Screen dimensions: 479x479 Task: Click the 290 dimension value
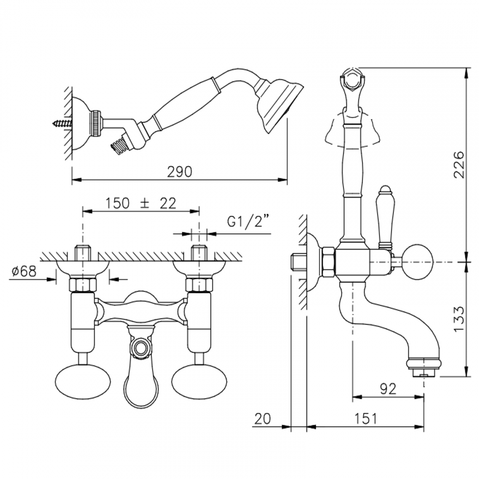click(179, 172)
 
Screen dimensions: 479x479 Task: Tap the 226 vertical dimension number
click(459, 164)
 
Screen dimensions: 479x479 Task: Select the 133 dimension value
click(459, 319)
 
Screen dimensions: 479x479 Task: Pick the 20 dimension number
click(262, 419)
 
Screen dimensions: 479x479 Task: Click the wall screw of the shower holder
click(63, 123)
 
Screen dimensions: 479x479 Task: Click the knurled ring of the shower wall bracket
click(97, 123)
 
